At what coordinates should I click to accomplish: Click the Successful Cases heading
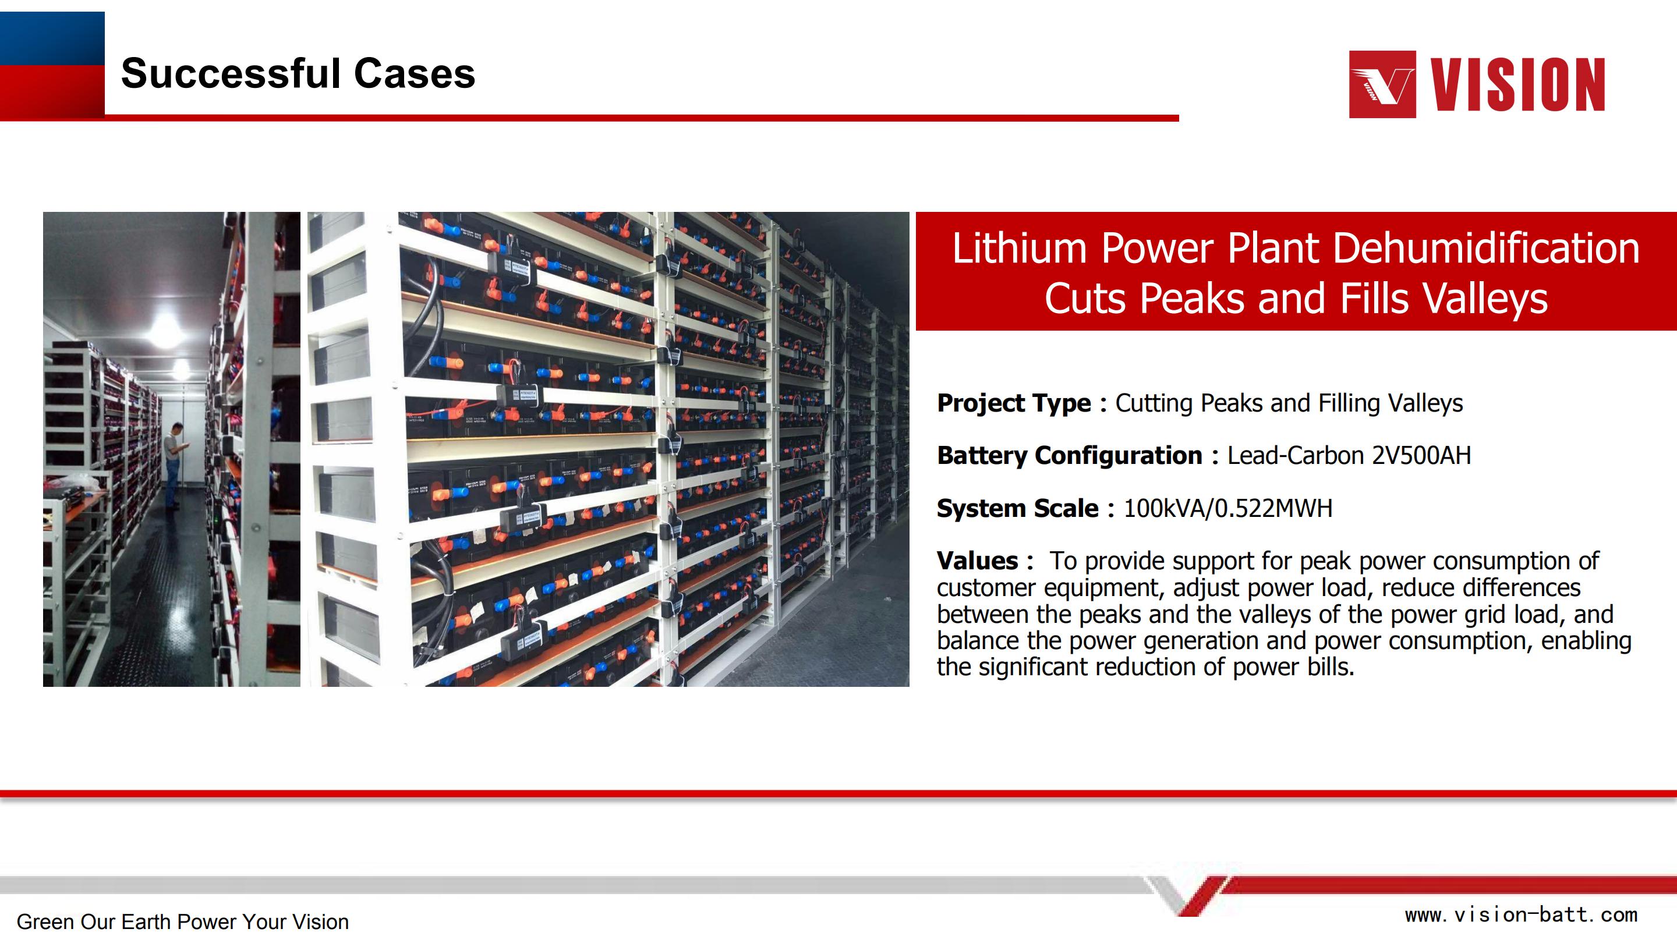pyautogui.click(x=298, y=73)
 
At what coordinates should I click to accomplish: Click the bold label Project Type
pyautogui.click(x=1014, y=403)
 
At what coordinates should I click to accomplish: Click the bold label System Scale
pyautogui.click(x=1017, y=508)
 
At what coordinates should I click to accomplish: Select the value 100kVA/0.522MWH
pyautogui.click(x=1229, y=508)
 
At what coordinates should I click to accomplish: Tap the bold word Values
pyautogui.click(x=978, y=561)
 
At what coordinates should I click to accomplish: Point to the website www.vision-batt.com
pyautogui.click(x=1522, y=914)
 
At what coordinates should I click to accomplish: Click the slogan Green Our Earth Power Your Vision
pyautogui.click(x=182, y=921)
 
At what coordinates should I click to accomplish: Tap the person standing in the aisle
pyautogui.click(x=172, y=465)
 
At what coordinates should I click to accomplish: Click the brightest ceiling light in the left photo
pyautogui.click(x=167, y=329)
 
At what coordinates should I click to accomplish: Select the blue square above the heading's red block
pyautogui.click(x=52, y=38)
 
